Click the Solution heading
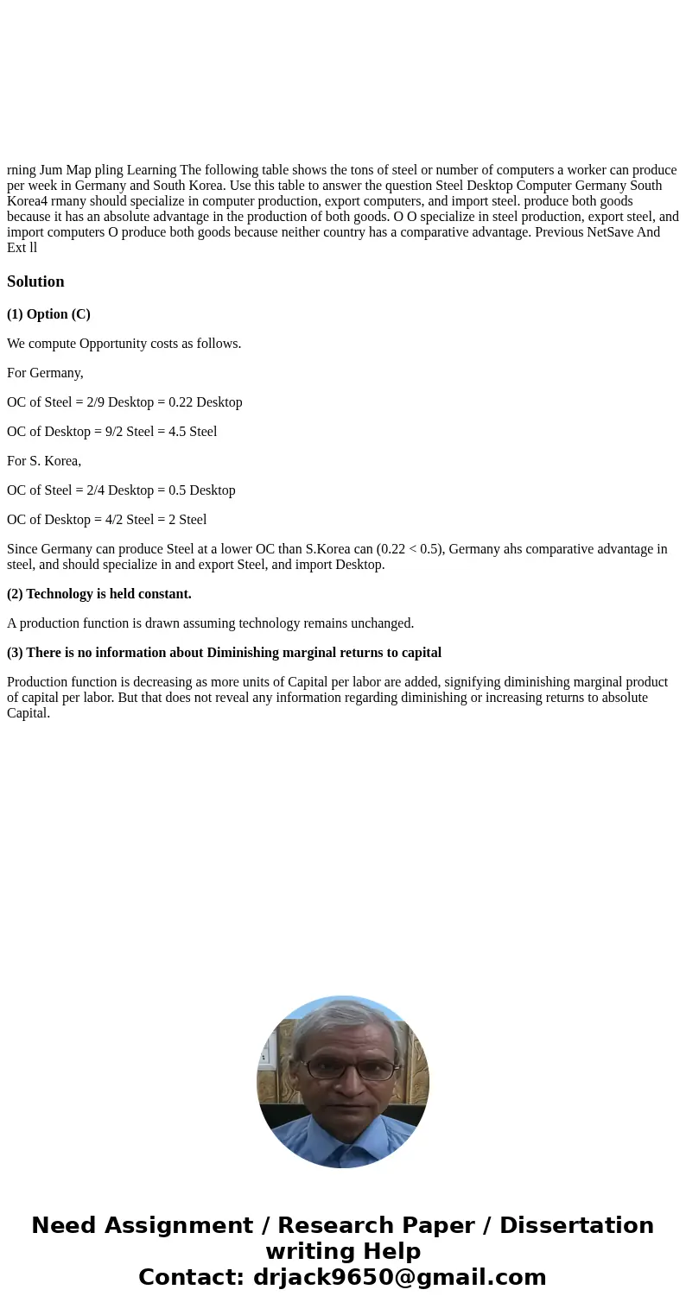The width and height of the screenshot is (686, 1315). tap(35, 281)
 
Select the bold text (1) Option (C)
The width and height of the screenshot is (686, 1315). tap(48, 314)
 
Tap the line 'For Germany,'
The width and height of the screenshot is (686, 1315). tap(45, 373)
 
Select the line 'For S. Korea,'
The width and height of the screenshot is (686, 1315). tap(44, 461)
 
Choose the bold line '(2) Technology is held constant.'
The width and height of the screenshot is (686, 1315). tap(99, 594)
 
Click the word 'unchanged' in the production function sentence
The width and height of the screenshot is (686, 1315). tap(383, 623)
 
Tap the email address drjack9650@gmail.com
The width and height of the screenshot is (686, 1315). tap(399, 1277)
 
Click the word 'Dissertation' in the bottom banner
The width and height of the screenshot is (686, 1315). tap(576, 1225)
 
